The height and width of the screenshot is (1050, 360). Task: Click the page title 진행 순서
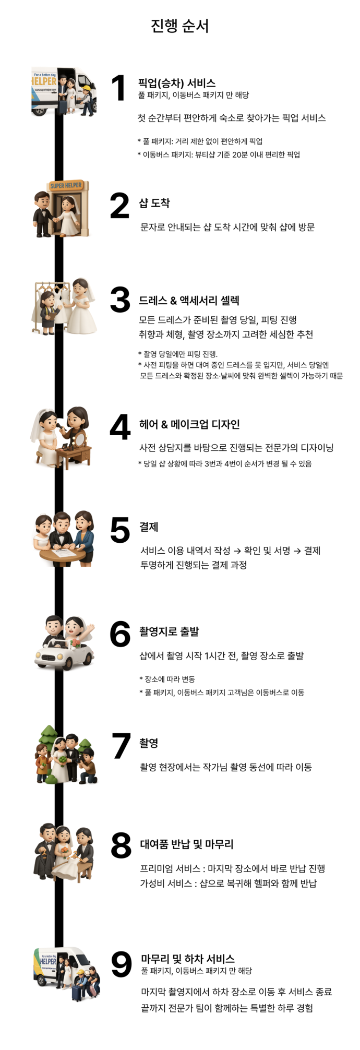point(179,26)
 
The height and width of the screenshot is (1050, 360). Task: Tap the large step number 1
point(119,87)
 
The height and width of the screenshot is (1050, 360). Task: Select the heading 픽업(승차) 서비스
point(177,83)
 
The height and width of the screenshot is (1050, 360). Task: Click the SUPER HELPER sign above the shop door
point(66,185)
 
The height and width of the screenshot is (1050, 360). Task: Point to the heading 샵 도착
point(154,203)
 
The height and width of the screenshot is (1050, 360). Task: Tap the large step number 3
point(120,300)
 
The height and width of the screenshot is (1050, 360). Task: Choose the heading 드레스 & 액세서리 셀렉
point(189,301)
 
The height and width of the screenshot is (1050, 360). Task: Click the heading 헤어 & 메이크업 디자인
point(189,424)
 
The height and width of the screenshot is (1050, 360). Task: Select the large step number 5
point(120,530)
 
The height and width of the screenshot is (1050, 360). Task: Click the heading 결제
point(149,527)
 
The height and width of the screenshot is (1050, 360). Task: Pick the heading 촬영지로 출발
point(169,631)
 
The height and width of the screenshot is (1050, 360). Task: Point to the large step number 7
point(122,745)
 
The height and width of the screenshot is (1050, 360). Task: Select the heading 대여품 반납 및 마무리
point(187,844)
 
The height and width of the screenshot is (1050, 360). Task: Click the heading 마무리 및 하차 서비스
point(188,959)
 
